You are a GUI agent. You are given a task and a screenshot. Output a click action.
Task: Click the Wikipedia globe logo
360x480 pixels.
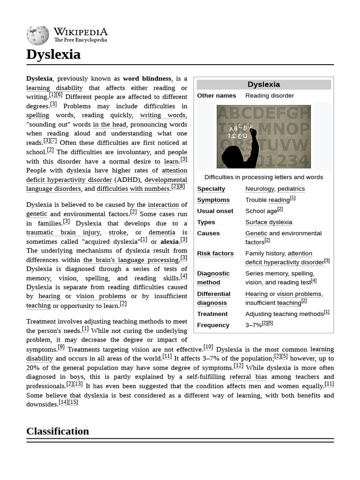(x=37, y=35)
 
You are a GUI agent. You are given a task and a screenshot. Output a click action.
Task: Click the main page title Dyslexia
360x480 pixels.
(x=53, y=54)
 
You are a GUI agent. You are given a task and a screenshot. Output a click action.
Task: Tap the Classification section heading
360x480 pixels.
(x=58, y=431)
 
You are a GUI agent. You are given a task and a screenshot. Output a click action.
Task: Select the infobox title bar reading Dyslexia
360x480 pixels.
(x=263, y=84)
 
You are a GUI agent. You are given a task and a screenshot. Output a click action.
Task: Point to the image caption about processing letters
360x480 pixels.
(x=263, y=177)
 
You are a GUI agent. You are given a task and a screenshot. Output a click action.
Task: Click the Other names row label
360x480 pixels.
(x=217, y=96)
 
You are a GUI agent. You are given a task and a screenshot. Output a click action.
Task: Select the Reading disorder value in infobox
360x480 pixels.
(x=270, y=96)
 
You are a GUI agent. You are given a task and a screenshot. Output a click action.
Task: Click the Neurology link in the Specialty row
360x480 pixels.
(x=260, y=189)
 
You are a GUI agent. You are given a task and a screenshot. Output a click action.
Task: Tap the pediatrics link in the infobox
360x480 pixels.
(x=291, y=189)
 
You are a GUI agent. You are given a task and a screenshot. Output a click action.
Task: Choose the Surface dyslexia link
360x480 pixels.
(x=269, y=222)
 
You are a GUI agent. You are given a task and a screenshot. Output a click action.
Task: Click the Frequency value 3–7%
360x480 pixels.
(x=254, y=325)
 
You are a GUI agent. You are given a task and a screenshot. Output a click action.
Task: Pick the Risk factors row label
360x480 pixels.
(x=215, y=254)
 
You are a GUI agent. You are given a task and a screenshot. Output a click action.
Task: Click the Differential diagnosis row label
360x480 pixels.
(x=214, y=298)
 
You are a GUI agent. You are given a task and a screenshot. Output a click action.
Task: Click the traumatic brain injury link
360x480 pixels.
(x=63, y=232)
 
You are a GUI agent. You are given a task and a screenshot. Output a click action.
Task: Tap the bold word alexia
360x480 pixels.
(x=169, y=242)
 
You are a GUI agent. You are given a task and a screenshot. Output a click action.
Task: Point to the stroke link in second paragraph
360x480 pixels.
(x=118, y=232)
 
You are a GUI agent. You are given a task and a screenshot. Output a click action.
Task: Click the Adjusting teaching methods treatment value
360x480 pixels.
(x=284, y=314)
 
